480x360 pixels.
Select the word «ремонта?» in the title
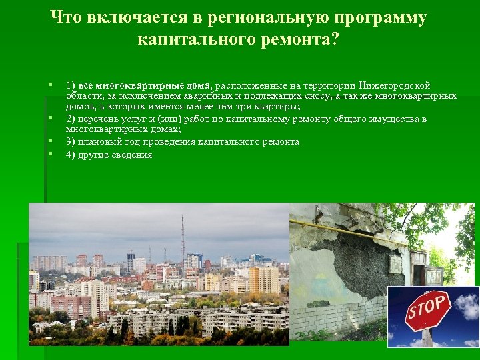303,40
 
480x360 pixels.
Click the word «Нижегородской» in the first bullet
394,86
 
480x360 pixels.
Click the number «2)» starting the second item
70,119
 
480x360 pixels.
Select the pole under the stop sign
427,337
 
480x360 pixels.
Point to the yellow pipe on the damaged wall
347,229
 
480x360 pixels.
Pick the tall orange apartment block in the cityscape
263,280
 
